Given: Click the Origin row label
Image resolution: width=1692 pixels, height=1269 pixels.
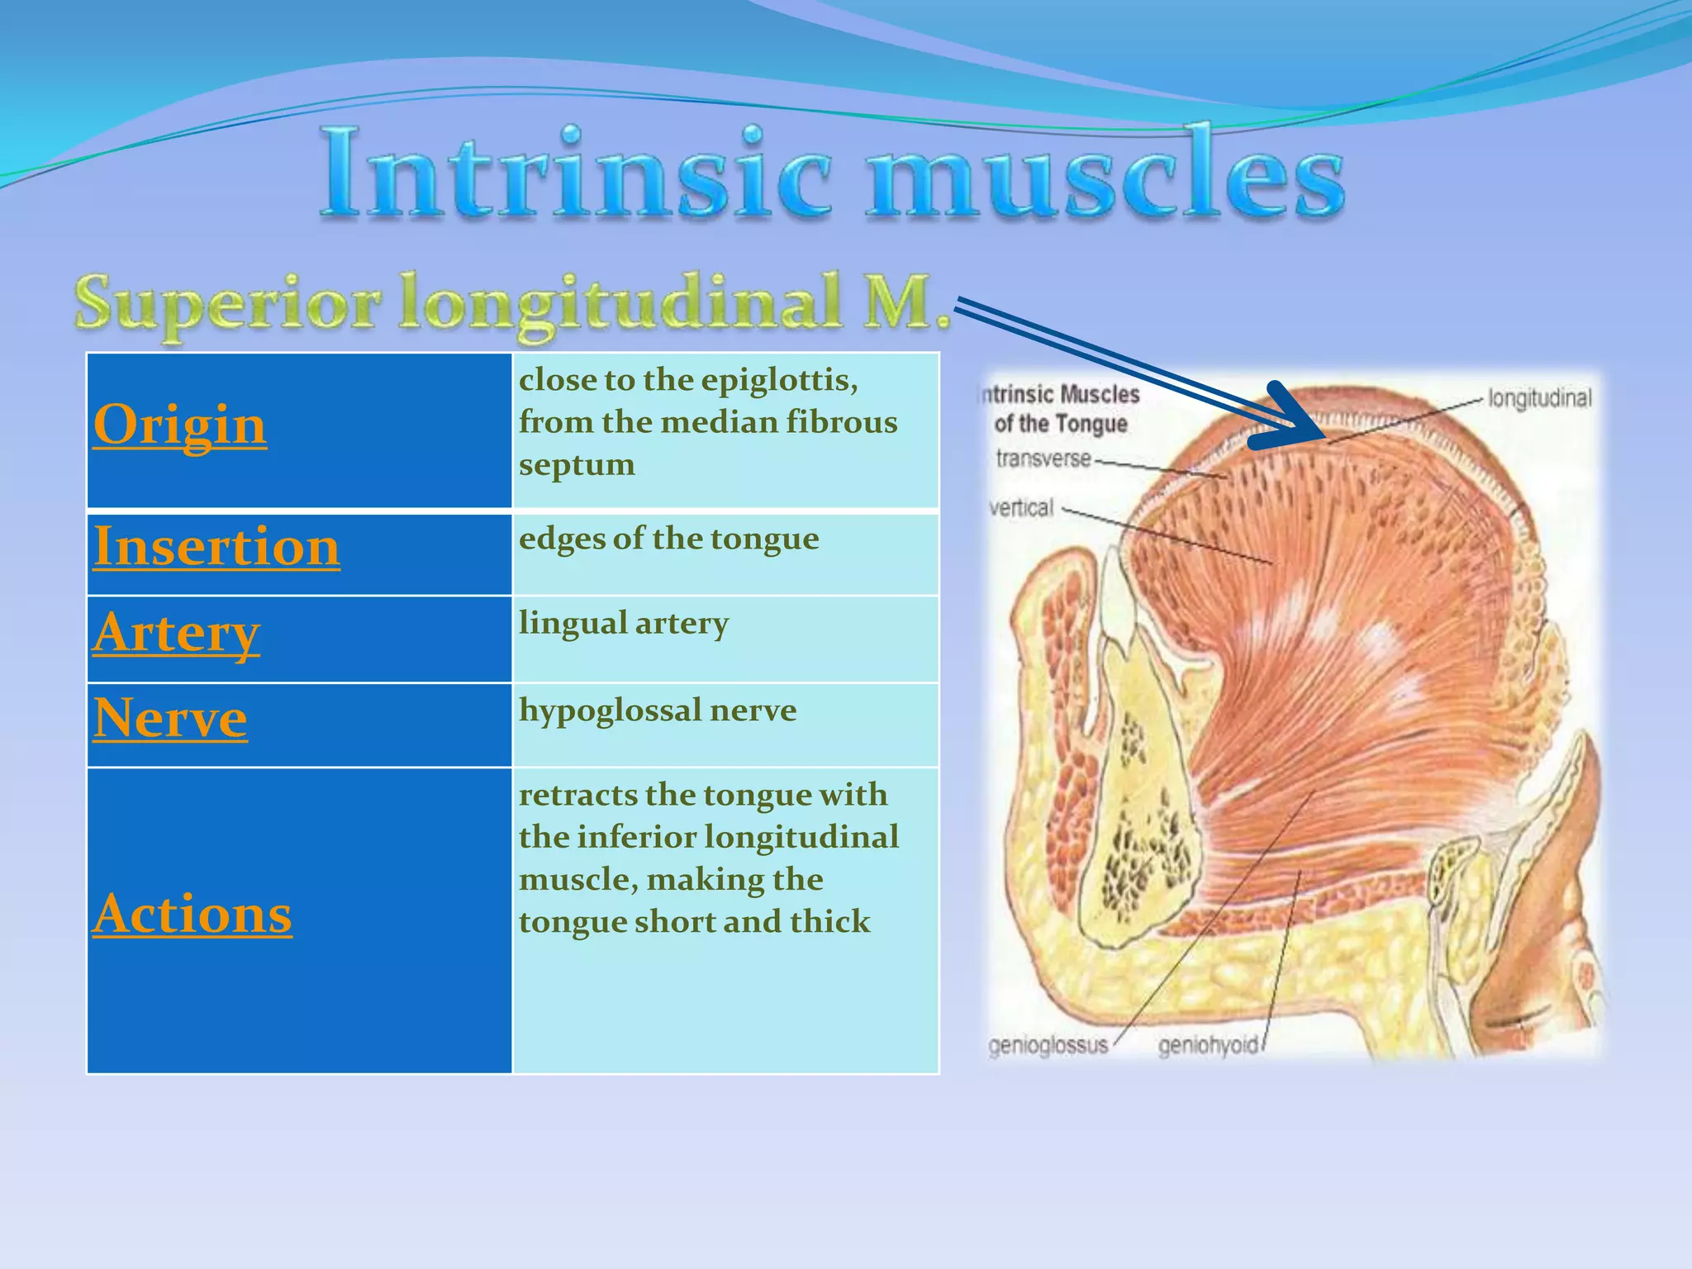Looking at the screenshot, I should pyautogui.click(x=180, y=425).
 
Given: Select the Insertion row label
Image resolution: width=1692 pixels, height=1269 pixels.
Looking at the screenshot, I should pyautogui.click(x=216, y=546).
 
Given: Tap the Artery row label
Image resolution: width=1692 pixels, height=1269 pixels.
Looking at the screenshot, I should pyautogui.click(x=177, y=633).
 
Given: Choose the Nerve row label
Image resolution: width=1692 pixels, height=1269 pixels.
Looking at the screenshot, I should pyautogui.click(x=170, y=717).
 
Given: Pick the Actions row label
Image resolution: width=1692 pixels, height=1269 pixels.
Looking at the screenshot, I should pyautogui.click(x=192, y=914).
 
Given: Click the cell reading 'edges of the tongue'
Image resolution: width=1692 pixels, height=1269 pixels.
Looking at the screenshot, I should pyautogui.click(x=669, y=539).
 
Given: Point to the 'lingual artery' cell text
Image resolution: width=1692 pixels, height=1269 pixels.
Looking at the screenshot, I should pyautogui.click(x=624, y=623).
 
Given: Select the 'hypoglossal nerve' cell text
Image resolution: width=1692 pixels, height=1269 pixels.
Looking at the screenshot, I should pyautogui.click(x=658, y=711).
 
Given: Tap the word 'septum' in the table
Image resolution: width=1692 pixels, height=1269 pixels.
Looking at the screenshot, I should pyautogui.click(x=577, y=464).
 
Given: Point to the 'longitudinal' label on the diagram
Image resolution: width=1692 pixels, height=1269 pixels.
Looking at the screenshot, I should pyautogui.click(x=1539, y=398).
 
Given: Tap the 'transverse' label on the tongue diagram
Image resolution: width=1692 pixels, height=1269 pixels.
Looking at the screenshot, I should pyautogui.click(x=1043, y=458).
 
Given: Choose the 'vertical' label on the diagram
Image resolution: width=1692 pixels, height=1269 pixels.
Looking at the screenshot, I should pyautogui.click(x=1022, y=507).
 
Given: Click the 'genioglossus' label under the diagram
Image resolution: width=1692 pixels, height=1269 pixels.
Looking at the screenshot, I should pyautogui.click(x=1048, y=1045).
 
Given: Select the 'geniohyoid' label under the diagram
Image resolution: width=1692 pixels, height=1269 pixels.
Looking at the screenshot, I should pyautogui.click(x=1208, y=1046).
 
